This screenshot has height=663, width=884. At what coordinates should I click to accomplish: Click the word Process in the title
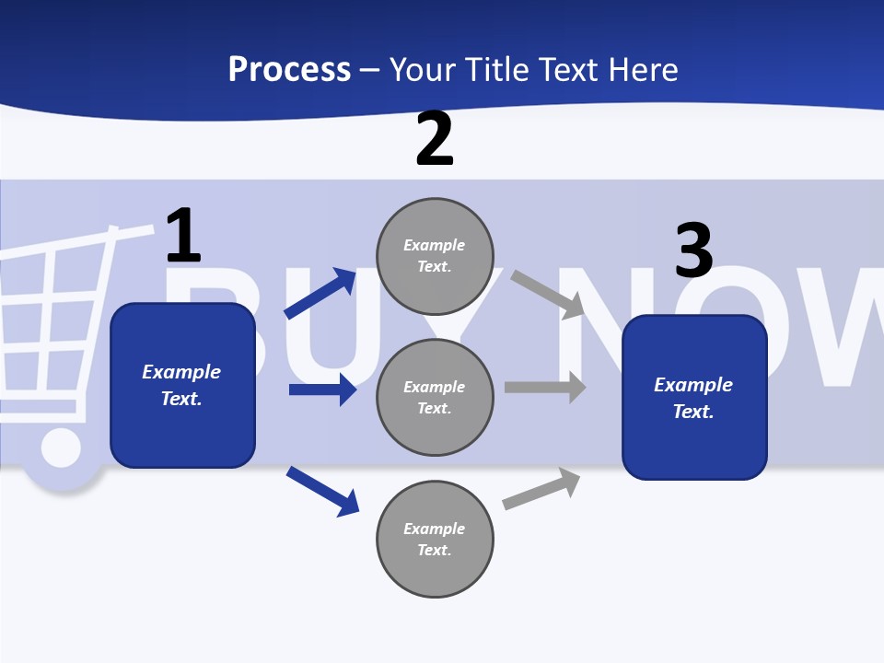tap(289, 70)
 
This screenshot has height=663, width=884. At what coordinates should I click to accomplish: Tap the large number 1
tap(183, 236)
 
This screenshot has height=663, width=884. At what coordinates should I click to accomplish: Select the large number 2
tap(435, 139)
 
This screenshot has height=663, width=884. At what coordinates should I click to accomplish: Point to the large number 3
tap(694, 250)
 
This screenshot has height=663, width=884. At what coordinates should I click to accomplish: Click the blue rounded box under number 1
tap(182, 385)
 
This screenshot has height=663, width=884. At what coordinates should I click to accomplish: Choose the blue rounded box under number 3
tap(694, 398)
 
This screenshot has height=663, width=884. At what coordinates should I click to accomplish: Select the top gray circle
tap(435, 255)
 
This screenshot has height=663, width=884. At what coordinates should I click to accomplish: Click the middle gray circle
tap(435, 397)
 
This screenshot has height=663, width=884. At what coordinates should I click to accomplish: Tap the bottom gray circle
tap(435, 539)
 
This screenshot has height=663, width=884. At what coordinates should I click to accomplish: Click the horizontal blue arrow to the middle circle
tap(322, 390)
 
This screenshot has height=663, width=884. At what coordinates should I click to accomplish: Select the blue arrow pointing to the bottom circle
tap(322, 491)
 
